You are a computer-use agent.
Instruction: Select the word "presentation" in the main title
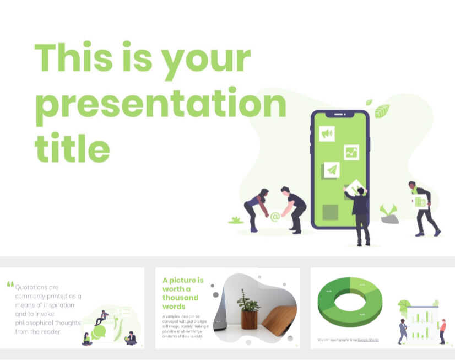tap(160, 104)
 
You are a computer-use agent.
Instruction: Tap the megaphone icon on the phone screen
tap(327, 133)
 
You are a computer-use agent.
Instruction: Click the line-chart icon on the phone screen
tap(351, 152)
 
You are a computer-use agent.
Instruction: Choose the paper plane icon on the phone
tap(331, 170)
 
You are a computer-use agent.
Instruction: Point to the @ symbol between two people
tap(275, 217)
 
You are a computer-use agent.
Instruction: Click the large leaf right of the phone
tap(382, 111)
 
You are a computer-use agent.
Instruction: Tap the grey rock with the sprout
tap(389, 218)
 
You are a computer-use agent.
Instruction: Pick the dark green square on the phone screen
tap(330, 212)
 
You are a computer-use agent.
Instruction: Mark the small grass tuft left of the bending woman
tap(236, 221)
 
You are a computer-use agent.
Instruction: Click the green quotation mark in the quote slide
tap(10, 284)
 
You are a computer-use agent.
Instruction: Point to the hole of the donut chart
tap(350, 301)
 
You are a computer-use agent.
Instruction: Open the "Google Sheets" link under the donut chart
tap(367, 340)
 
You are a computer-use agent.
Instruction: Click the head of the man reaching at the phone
tap(361, 191)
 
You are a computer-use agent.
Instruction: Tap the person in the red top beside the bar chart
tap(442, 330)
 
